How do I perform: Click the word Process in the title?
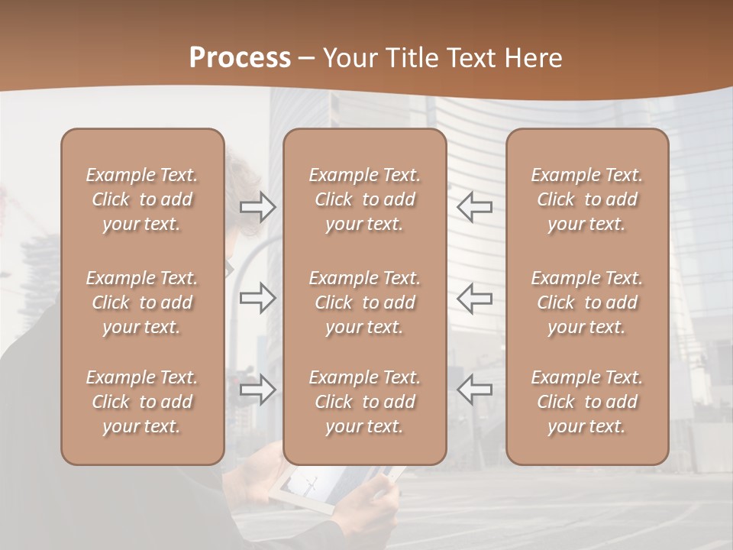[240, 58]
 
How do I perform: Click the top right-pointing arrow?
[257, 206]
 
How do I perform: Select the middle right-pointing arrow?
[257, 297]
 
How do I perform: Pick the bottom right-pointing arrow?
[257, 389]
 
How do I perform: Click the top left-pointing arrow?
[475, 206]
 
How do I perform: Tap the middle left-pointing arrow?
[475, 297]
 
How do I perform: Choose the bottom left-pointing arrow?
[475, 389]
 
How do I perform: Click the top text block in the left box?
[142, 199]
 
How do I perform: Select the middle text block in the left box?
[142, 302]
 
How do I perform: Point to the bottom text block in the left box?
[142, 402]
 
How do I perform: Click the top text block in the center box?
[364, 199]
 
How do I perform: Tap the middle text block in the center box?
[364, 302]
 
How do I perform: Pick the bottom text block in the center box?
[364, 402]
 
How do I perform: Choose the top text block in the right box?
[586, 199]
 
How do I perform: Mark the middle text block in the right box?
[586, 302]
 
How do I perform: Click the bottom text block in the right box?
[586, 402]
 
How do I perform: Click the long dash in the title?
[307, 59]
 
